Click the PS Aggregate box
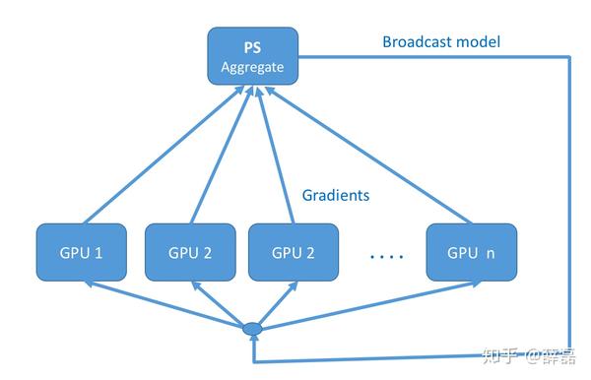click(x=253, y=56)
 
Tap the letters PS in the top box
click(x=252, y=48)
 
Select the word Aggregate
click(x=252, y=67)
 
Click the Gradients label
click(x=336, y=195)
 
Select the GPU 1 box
click(x=82, y=252)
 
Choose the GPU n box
click(x=472, y=252)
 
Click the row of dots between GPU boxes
click(x=387, y=257)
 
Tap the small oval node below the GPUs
click(x=252, y=329)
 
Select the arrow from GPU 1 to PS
click(x=164, y=156)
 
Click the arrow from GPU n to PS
click(x=368, y=156)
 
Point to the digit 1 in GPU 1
click(x=98, y=253)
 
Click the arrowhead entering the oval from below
click(x=254, y=339)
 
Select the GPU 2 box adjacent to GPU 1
click(x=190, y=252)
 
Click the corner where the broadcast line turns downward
click(x=569, y=57)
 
